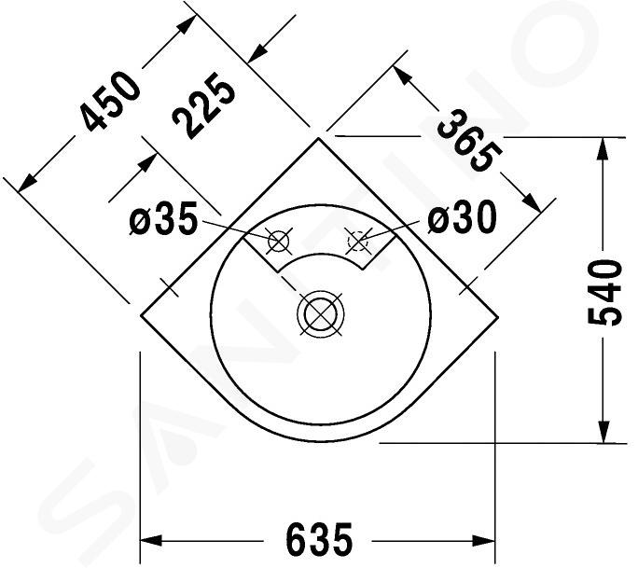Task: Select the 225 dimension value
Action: [x=204, y=105]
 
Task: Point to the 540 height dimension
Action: [x=605, y=292]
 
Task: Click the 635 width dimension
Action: [x=319, y=540]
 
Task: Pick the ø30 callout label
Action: [x=463, y=216]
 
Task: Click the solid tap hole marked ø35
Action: [x=279, y=242]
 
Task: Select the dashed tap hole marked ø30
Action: [x=357, y=241]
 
